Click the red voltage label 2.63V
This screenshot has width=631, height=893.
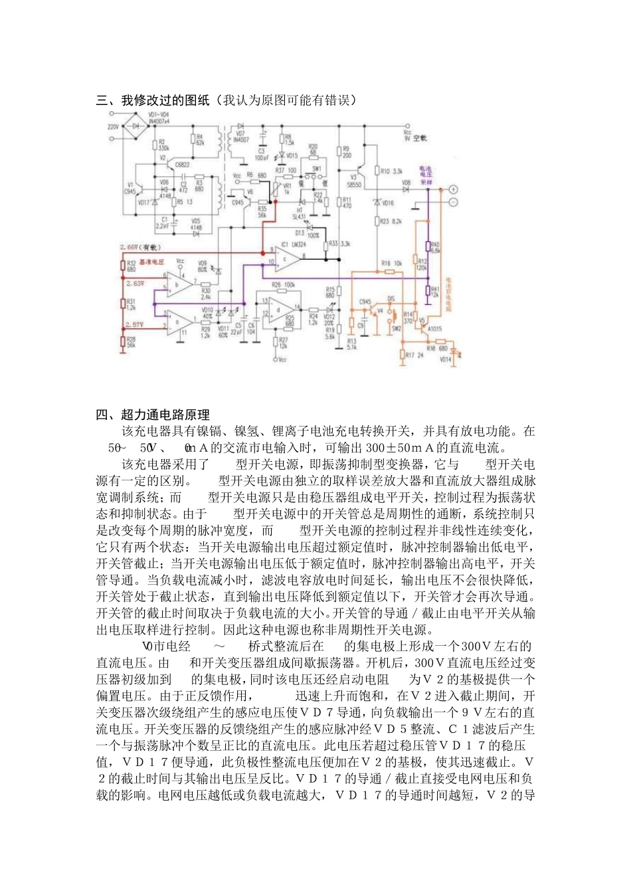[135, 283]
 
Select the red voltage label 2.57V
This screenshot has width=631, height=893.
[135, 324]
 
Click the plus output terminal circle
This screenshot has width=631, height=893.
[455, 189]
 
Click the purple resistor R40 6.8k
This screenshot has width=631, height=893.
[428, 248]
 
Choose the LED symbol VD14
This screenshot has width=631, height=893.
[454, 351]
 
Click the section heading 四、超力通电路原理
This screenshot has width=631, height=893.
[153, 415]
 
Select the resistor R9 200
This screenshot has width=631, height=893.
[339, 152]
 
